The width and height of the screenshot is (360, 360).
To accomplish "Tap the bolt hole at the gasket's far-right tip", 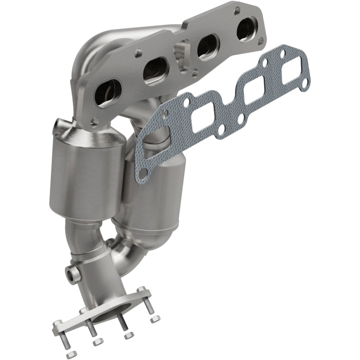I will tap(305, 83).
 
